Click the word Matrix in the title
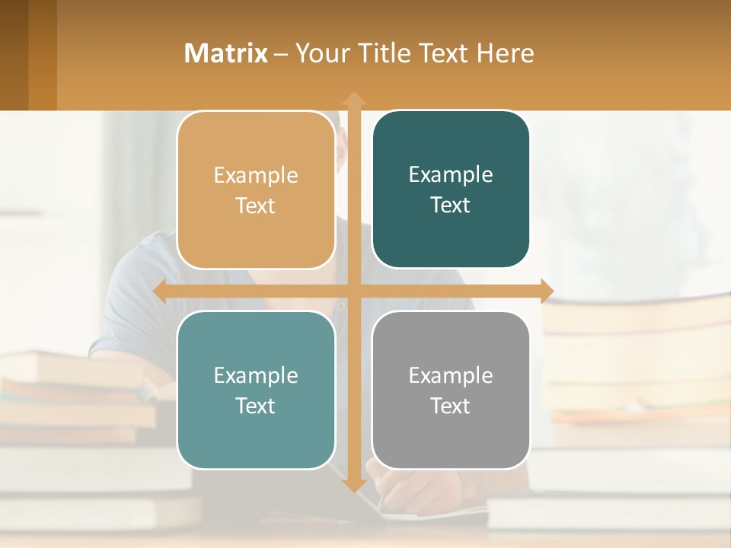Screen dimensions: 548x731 coord(225,53)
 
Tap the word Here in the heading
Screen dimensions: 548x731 coord(506,53)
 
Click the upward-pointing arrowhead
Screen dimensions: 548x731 coord(353,99)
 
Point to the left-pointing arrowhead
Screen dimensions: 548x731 coord(160,291)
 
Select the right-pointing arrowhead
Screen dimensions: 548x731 coord(546,291)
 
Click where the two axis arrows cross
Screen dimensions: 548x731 coord(353,291)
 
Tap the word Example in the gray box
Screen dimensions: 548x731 coord(451,375)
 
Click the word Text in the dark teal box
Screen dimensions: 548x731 coord(451,205)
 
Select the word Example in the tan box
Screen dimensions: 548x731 coord(256,175)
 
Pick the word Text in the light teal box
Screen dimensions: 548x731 coord(256,406)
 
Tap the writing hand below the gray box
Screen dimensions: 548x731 coord(404,491)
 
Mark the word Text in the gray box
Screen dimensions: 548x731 coord(451,406)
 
